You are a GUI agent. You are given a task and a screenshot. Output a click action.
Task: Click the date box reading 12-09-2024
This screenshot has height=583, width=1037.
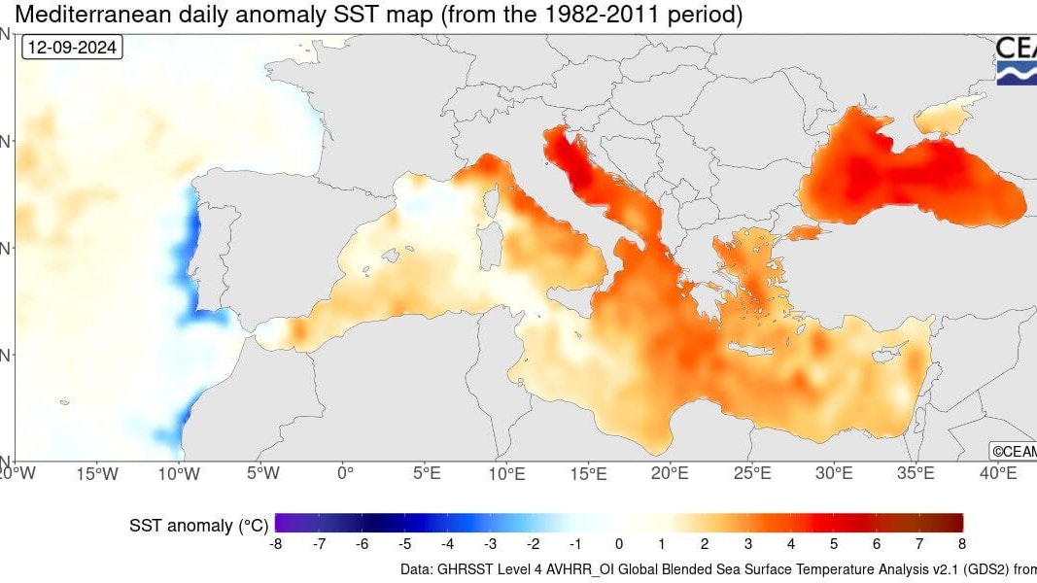[x=73, y=47]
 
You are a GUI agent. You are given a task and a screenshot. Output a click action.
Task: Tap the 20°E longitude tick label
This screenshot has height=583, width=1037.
[x=670, y=473]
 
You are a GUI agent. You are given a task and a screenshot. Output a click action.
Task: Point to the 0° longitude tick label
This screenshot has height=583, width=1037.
[x=345, y=473]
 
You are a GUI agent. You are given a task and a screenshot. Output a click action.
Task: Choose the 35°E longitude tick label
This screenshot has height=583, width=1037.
[x=915, y=473]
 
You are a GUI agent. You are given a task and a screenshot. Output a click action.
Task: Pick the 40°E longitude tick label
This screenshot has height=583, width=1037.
[x=997, y=473]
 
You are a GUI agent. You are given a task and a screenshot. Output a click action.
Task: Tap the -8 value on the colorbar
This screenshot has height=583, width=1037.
[x=275, y=543]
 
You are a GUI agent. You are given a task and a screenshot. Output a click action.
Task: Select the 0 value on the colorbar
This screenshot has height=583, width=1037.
[x=619, y=543]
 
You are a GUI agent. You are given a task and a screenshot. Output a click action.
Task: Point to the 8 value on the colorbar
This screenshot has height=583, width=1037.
[x=962, y=543]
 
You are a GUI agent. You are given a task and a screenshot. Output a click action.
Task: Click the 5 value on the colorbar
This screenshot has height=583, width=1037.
[x=834, y=543]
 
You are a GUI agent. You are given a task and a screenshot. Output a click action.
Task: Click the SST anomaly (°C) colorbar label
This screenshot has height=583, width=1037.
[x=198, y=526]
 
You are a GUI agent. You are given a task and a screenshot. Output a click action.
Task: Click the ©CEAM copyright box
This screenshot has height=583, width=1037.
[x=1013, y=451]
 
